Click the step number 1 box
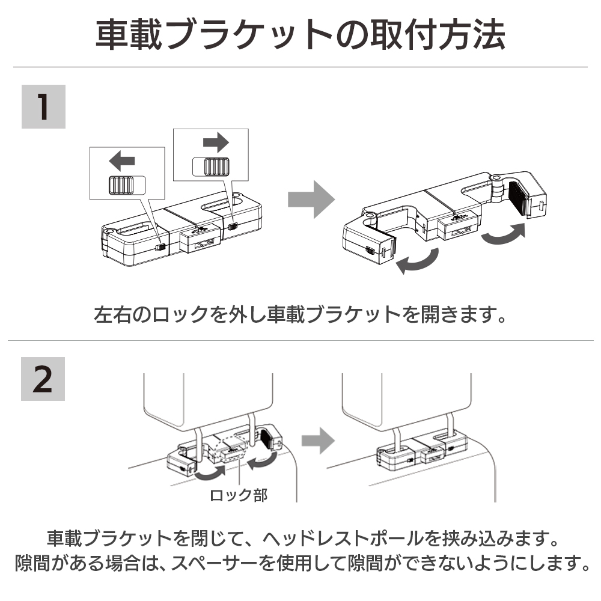point(43,106)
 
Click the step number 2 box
point(43,379)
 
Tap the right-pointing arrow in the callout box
point(216,142)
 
